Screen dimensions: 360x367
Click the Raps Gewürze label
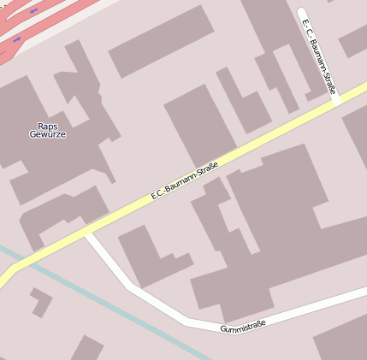47,130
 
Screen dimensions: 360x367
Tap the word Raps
47,126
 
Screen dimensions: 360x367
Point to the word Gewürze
47,134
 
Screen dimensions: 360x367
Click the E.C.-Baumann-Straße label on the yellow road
185,180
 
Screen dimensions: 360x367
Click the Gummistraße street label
243,326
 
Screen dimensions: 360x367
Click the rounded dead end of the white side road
302,14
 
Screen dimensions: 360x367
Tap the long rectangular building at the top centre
161,40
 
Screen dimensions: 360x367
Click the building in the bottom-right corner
342,338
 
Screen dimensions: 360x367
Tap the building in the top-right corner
352,38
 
